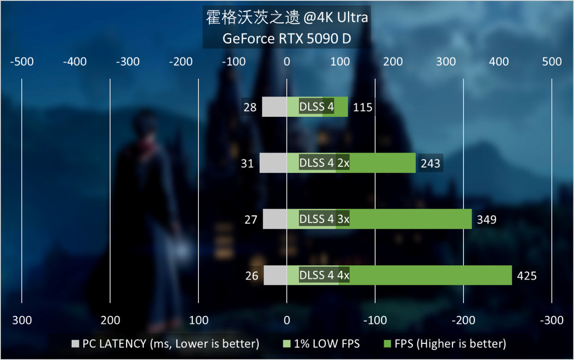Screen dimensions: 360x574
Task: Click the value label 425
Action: pos(527,276)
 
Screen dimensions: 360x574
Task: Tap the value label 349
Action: pos(487,220)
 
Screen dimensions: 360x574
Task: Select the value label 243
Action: pos(430,163)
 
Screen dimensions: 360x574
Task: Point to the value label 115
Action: pos(362,107)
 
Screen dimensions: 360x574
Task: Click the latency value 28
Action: pos(250,107)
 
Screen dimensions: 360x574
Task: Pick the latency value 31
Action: pos(247,163)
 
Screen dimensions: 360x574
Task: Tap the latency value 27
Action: pos(251,220)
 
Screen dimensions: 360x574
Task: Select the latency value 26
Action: pos(251,276)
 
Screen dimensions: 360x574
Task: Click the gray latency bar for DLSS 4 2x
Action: pos(273,163)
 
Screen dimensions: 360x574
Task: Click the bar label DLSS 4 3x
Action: pos(324,220)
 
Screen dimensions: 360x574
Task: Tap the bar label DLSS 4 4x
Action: pos(324,276)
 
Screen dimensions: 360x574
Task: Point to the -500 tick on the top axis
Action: pos(22,62)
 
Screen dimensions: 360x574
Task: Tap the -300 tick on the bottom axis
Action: pos(551,321)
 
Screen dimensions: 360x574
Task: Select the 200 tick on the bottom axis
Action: pos(110,321)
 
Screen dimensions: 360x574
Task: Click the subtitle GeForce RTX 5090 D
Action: pos(287,39)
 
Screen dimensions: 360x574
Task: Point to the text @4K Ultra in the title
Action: pos(337,18)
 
